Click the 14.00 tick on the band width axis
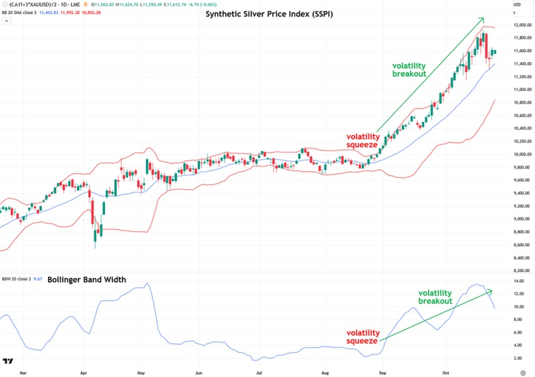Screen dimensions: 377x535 tap(519, 282)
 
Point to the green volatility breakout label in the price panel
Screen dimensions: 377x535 tap(409, 70)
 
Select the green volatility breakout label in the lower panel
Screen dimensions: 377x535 tap(435, 297)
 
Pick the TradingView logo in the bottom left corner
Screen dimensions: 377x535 tap(8, 362)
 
